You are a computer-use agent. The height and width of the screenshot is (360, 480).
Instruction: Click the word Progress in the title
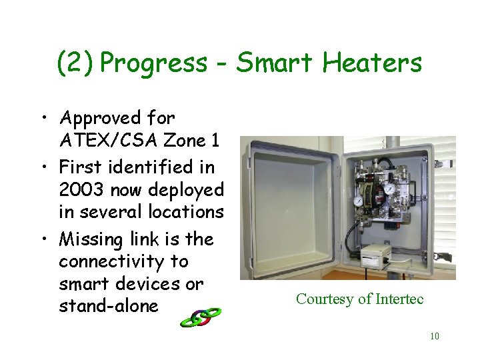155,63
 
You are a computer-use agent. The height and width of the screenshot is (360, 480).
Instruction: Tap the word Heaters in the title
372,63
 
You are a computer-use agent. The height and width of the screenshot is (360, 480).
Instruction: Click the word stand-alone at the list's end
109,306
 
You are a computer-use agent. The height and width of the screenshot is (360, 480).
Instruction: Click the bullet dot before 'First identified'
43,167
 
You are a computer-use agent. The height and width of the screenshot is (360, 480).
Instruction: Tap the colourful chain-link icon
200,317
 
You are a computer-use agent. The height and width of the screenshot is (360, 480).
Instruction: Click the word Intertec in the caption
397,299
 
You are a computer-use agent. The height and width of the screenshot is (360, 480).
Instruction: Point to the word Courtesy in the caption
325,299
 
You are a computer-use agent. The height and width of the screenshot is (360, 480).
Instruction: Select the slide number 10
434,336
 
